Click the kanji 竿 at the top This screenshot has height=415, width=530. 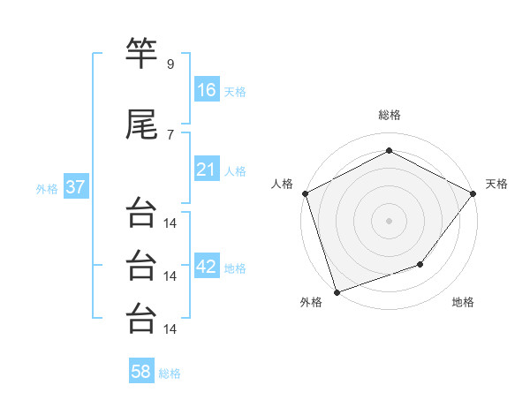coord(141,55)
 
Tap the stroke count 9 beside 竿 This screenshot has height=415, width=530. coord(170,64)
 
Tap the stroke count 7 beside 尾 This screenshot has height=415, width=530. coord(170,134)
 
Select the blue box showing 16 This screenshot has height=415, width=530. coord(207,89)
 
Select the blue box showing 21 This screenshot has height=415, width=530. coord(207,169)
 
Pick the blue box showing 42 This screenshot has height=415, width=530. coord(207,267)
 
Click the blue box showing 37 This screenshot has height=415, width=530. coord(75,187)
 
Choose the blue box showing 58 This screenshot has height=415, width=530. coord(141,372)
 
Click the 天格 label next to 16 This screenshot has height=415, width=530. coord(235,91)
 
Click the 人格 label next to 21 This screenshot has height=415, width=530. coord(235,170)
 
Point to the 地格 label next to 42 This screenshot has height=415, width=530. coord(235,268)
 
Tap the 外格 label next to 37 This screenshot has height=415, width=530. coord(47,189)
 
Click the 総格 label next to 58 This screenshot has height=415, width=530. coord(170,373)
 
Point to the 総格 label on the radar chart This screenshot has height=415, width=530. coord(389,115)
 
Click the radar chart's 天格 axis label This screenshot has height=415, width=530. coord(496,184)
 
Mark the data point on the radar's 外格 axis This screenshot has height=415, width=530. coord(337,291)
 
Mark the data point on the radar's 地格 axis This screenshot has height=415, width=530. coord(420,264)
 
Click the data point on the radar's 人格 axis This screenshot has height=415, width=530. coord(305,192)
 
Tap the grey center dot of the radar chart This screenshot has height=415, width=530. coord(389,220)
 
